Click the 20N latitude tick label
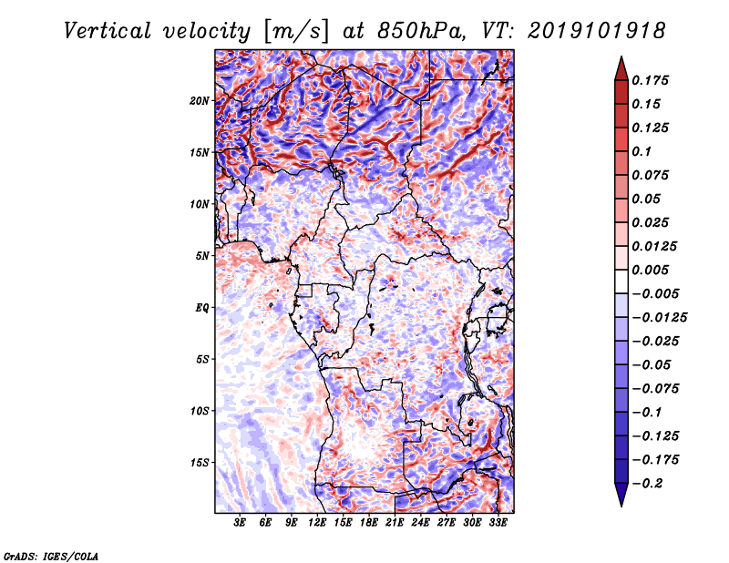(x=200, y=101)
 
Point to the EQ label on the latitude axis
(x=201, y=308)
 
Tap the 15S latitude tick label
(x=200, y=463)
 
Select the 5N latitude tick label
(x=202, y=256)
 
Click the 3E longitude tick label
(x=240, y=523)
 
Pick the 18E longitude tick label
(x=369, y=523)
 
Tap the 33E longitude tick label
(x=498, y=523)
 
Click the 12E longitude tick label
(x=317, y=523)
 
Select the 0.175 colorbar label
(x=651, y=80)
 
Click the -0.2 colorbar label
(x=647, y=484)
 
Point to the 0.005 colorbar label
(x=651, y=270)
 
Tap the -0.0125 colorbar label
(x=659, y=318)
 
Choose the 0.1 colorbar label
(x=642, y=151)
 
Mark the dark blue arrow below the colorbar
(x=621, y=495)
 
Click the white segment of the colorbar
(x=621, y=281)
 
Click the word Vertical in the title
(x=108, y=31)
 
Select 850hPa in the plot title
(x=420, y=31)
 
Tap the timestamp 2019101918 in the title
(x=597, y=31)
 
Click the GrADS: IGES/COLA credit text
(x=51, y=556)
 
